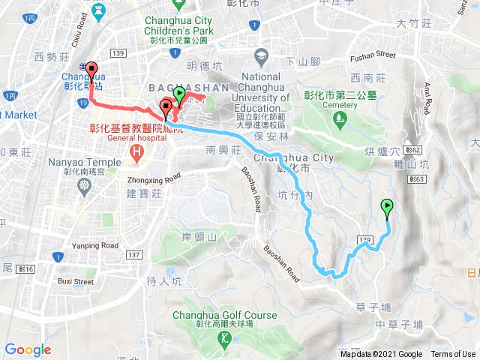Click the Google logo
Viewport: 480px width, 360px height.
[x=28, y=349]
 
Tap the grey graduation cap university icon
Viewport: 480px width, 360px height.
[x=261, y=55]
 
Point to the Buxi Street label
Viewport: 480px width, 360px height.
[x=73, y=281]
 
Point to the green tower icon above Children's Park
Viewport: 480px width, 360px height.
[x=97, y=8]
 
